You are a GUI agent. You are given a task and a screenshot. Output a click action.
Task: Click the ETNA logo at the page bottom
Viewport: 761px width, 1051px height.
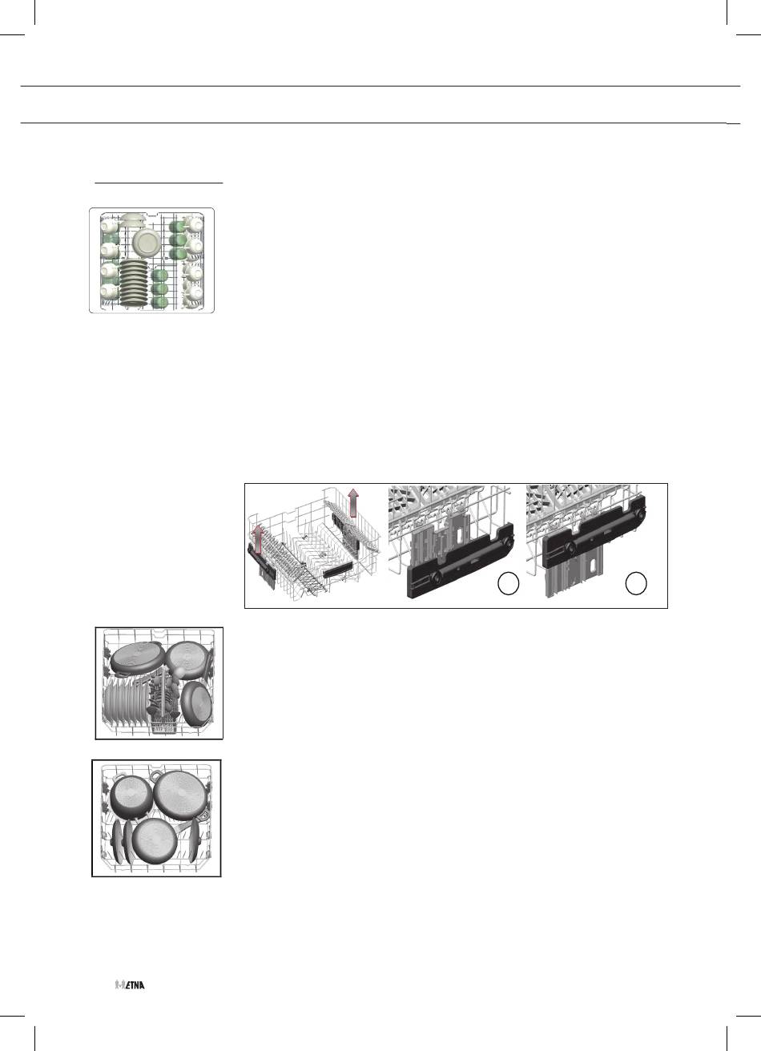130,985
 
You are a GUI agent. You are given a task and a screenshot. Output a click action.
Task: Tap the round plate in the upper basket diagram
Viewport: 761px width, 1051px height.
147,242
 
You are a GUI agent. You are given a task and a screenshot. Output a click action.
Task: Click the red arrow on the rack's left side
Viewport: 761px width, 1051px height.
256,540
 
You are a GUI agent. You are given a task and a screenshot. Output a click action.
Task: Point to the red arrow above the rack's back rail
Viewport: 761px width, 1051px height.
353,502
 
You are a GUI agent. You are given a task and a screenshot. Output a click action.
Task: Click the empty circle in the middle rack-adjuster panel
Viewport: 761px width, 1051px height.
508,584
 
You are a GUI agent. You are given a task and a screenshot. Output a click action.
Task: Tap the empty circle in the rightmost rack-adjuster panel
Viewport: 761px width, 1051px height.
636,584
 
